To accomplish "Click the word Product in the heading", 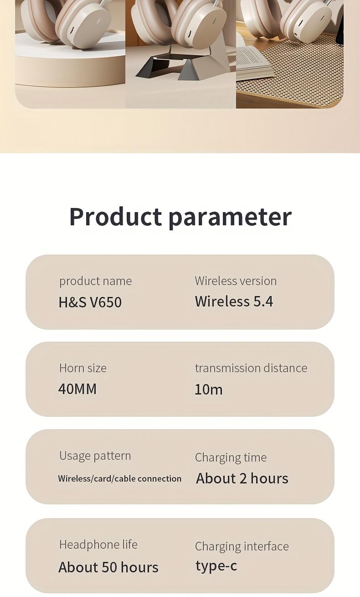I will tap(115, 217).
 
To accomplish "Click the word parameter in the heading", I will tap(230, 218).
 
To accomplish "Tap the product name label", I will tap(95, 281).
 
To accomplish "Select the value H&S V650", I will tap(90, 302).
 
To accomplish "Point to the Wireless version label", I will tap(236, 281).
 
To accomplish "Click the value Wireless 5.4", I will tap(234, 301).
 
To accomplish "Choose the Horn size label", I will tap(83, 368).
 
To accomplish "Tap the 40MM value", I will tap(77, 389).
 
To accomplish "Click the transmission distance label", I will tap(251, 368).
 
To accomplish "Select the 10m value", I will tap(209, 389).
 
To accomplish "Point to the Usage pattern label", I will tap(95, 456).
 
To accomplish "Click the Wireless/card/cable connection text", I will tap(120, 478).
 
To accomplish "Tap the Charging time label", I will tap(231, 457).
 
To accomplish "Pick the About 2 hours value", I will tap(242, 478).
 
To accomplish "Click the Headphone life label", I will tap(98, 545).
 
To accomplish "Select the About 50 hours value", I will tap(108, 567).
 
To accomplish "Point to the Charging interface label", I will tap(242, 546).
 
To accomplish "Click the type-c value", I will tap(216, 566).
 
